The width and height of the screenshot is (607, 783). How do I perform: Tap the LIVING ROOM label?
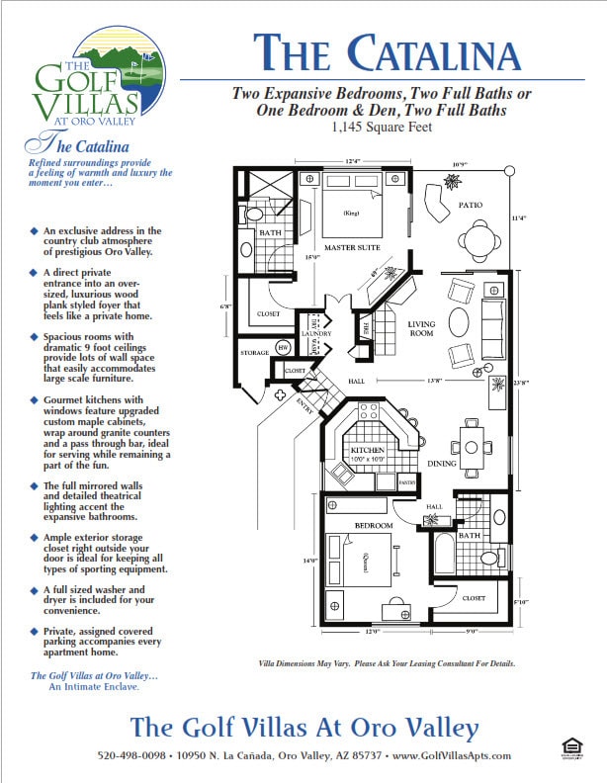point(422,328)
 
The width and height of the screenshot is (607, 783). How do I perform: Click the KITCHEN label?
point(367,449)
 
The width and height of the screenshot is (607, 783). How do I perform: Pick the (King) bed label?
point(350,214)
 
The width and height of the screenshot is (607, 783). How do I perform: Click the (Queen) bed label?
point(364,562)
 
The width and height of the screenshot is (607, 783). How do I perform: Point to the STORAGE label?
point(255,353)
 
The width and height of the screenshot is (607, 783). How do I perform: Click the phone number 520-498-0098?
point(130,756)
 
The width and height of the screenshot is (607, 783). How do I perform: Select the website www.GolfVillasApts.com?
point(453,756)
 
